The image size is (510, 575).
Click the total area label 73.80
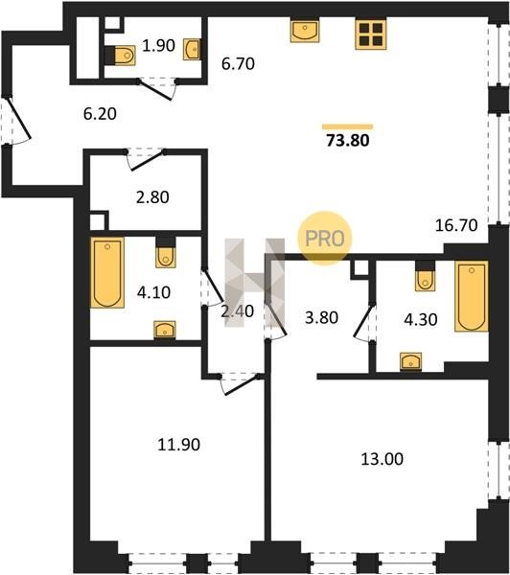pyautogui.click(x=348, y=141)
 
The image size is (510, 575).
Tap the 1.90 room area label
pyautogui.click(x=158, y=46)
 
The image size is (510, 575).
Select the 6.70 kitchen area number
pyautogui.click(x=238, y=64)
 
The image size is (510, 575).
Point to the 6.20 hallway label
pyautogui.click(x=100, y=114)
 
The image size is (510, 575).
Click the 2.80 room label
pyautogui.click(x=152, y=197)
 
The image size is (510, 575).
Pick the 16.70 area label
pyautogui.click(x=456, y=225)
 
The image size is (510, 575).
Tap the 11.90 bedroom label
pyautogui.click(x=178, y=445)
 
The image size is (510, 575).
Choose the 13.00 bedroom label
pyautogui.click(x=382, y=459)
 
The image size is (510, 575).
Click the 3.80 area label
pyautogui.click(x=321, y=317)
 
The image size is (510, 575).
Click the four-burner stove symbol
pyautogui.click(x=371, y=34)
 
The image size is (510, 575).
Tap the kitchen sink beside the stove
pyautogui.click(x=305, y=32)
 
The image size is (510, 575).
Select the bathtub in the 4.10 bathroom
pyautogui.click(x=107, y=272)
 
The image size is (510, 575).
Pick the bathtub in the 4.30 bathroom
pyautogui.click(x=472, y=296)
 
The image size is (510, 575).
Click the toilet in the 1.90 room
pyautogui.click(x=121, y=56)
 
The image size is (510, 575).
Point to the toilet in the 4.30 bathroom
pyautogui.click(x=426, y=276)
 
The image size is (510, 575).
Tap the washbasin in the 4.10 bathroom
pyautogui.click(x=165, y=330)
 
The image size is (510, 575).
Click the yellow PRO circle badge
pyautogui.click(x=325, y=238)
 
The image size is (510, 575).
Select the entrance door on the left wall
pyautogui.click(x=15, y=120)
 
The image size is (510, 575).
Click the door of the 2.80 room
pyautogui.click(x=146, y=160)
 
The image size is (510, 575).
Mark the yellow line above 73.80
pyautogui.click(x=347, y=126)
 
